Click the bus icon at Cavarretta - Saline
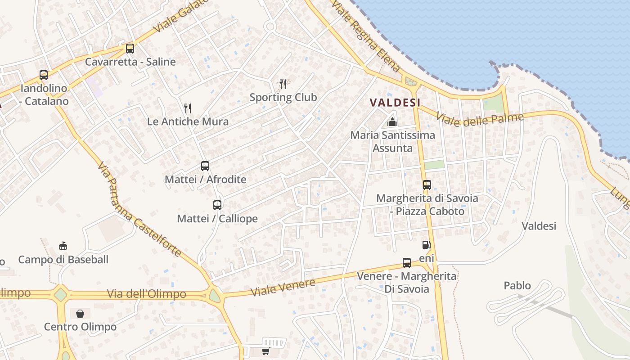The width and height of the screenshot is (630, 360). tap(130, 48)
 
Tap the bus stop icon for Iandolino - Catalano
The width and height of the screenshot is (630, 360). tap(44, 75)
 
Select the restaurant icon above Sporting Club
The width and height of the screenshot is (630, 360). tap(283, 84)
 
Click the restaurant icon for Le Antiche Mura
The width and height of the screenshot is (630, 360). tap(188, 108)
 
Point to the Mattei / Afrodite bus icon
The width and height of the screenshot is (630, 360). tap(205, 166)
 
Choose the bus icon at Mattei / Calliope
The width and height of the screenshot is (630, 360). tap(217, 205)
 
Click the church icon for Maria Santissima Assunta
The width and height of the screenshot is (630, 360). tap(392, 121)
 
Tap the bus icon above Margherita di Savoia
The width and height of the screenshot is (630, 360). tap(427, 184)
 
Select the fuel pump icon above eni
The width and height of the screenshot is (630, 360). tap(426, 245)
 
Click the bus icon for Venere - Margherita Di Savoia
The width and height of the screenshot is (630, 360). tap(407, 263)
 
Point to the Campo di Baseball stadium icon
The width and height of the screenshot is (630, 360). tap(63, 246)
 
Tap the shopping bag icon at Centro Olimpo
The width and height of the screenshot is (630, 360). tap(80, 313)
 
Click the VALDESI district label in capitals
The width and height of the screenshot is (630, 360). tap(395, 103)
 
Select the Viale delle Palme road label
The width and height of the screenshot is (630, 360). tap(480, 120)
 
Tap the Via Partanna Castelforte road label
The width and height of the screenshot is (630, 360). tap(139, 209)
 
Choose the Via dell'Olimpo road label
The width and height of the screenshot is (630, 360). tap(146, 294)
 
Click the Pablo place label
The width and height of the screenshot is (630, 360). tap(517, 286)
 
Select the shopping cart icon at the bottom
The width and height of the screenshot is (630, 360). tap(266, 351)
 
